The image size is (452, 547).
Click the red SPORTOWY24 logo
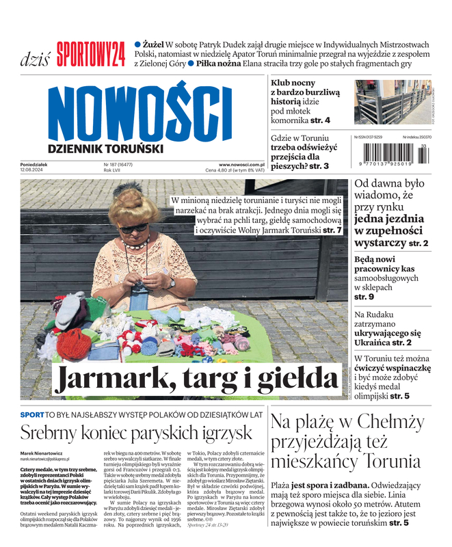pos(91,55)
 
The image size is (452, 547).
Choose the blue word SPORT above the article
pos(32,414)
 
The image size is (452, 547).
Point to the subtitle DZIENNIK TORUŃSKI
pos(105,148)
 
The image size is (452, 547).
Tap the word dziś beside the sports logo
pos(35,57)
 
